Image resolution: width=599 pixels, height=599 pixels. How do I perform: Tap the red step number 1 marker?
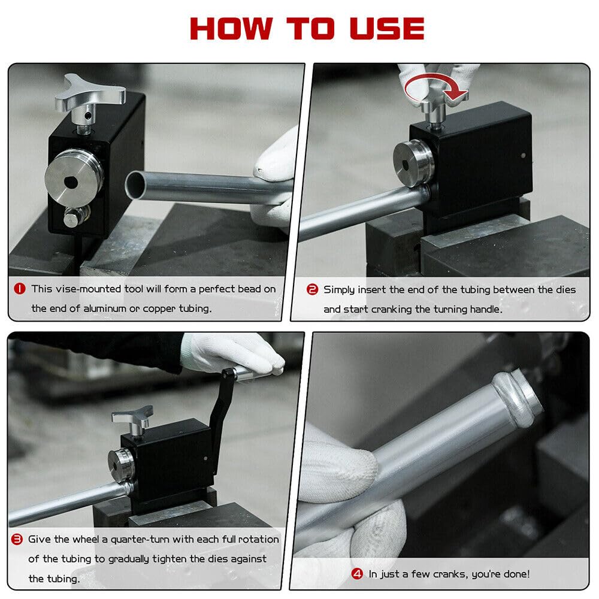click(x=20, y=289)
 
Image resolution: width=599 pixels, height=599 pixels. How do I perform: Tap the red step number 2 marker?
click(x=312, y=290)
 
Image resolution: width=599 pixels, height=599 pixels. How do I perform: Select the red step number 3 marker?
click(x=18, y=540)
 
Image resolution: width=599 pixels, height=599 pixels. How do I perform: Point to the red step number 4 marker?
click(x=357, y=574)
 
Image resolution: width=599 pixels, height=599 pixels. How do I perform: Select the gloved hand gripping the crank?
click(x=231, y=353)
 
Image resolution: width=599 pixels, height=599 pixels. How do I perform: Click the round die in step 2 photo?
click(x=413, y=162)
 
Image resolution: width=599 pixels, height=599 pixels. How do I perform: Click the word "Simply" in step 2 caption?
click(x=340, y=290)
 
